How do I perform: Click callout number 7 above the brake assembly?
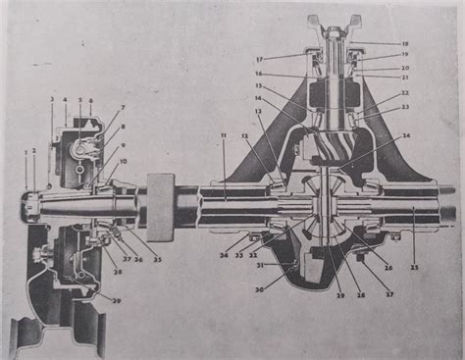tap(124, 107)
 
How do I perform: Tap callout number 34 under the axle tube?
tap(224, 255)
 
